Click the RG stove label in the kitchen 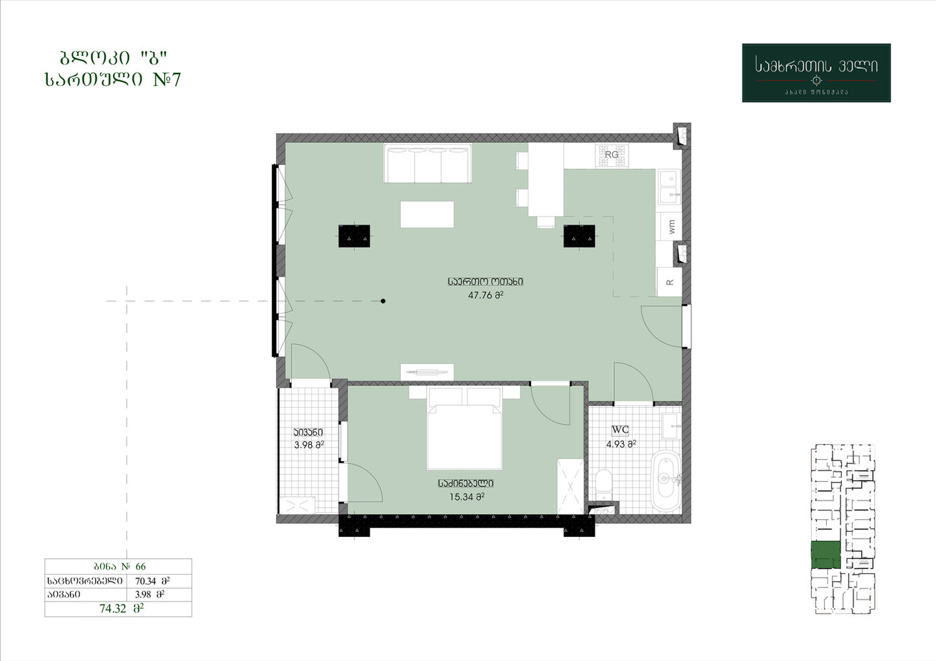611,155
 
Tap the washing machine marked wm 669,227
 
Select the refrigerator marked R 669,282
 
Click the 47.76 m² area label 486,295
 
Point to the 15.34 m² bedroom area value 467,497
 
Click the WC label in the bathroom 620,430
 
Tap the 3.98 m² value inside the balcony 309,445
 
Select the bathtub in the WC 666,480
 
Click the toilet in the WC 603,484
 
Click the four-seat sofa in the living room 428,163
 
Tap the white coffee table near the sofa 427,214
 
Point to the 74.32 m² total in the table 121,609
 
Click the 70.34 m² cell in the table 152,581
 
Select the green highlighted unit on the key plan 825,555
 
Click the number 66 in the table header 140,566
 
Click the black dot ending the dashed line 383,301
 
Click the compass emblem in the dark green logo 816,80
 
